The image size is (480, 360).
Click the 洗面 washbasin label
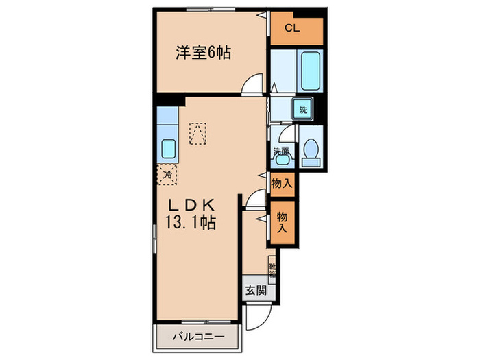(x=281, y=151)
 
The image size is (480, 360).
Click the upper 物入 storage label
(x=282, y=183)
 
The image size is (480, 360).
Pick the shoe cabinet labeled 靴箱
(x=272, y=270)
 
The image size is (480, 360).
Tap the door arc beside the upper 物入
(x=255, y=198)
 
